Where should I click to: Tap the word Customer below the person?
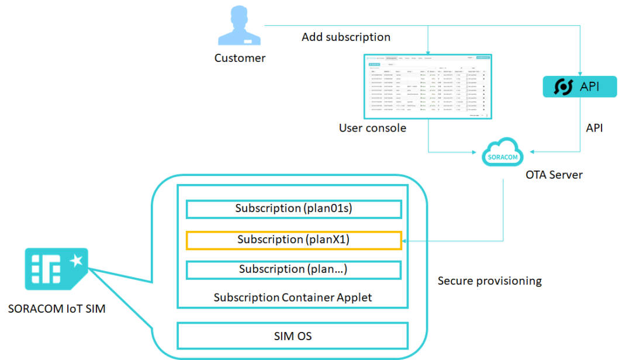click(240, 58)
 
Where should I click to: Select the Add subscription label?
click(346, 37)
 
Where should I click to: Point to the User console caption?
click(372, 127)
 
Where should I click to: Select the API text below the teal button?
click(594, 127)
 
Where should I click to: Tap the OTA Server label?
click(554, 174)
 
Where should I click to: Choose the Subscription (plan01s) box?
click(293, 209)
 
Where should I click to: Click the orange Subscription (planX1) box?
click(293, 240)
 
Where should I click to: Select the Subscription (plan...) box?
click(293, 269)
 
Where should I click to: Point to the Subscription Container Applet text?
click(293, 297)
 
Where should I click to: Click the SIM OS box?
click(293, 336)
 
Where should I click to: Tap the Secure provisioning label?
click(490, 281)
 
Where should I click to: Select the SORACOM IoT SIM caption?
click(57, 309)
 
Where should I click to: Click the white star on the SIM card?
click(76, 261)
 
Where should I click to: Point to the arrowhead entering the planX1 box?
click(405, 240)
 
